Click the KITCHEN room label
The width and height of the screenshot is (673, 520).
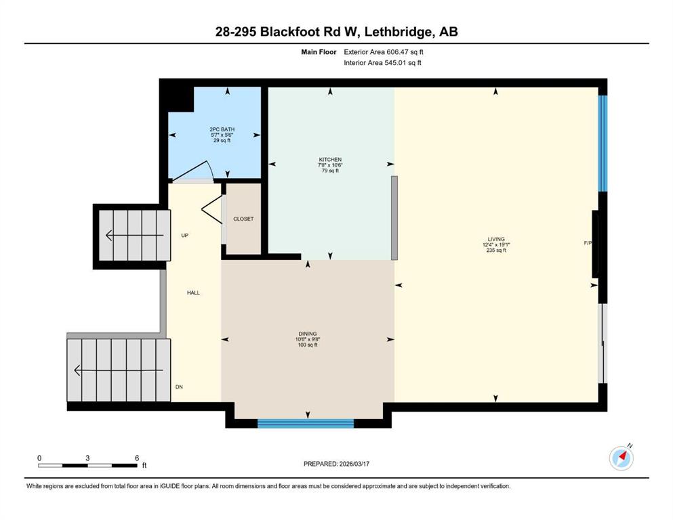click(330, 160)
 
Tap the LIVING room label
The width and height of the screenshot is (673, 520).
click(495, 239)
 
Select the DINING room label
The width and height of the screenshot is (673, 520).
click(307, 334)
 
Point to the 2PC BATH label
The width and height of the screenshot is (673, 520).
click(222, 129)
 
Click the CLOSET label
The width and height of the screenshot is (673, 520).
click(243, 219)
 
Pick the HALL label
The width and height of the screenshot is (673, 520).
click(193, 292)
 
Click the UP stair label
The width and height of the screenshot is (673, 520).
click(184, 236)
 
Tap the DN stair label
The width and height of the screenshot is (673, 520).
click(179, 387)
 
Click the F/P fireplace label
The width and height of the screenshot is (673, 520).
click(588, 243)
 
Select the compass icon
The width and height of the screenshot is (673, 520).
click(621, 458)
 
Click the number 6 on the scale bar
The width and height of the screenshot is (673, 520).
click(137, 458)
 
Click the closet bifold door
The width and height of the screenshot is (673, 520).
click(212, 210)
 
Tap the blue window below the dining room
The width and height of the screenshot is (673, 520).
click(306, 424)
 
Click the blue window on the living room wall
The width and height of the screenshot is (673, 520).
click(603, 143)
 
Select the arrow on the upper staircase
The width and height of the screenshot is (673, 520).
click(134, 236)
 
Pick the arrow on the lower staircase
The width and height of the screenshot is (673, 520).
click(119, 370)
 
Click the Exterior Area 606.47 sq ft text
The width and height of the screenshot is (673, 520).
click(384, 52)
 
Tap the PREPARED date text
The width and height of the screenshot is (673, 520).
click(336, 464)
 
